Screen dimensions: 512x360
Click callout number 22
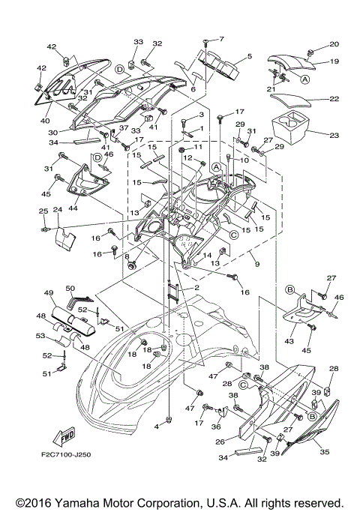334,99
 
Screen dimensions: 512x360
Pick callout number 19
334,61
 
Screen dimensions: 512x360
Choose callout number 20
334,44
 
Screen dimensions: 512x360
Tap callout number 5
249,56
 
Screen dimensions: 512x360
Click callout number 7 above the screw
221,38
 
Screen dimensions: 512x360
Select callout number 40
46,121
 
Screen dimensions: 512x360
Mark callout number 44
73,209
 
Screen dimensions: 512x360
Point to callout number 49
49,292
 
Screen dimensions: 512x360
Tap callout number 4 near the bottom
157,426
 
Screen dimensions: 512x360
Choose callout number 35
325,453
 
